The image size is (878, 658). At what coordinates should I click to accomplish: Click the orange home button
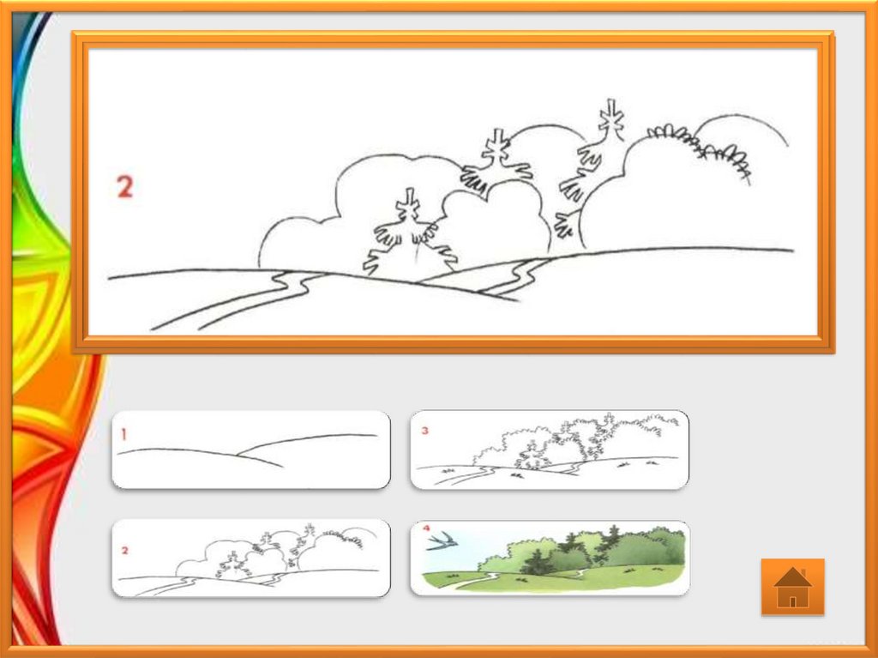tap(792, 586)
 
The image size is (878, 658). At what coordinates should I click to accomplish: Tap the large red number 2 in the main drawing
tap(125, 187)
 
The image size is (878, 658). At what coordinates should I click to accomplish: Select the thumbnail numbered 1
tap(251, 450)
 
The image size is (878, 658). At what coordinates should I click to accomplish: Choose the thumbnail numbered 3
tap(550, 450)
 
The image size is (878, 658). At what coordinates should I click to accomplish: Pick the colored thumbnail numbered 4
tap(550, 558)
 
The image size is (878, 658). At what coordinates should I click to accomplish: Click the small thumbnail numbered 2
tap(251, 558)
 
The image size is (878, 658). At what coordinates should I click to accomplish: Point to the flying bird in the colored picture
tap(442, 540)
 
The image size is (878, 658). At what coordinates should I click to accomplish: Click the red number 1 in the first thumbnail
tap(123, 434)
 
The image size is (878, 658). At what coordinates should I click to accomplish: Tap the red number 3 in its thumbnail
tap(425, 431)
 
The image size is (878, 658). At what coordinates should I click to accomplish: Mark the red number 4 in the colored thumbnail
tap(427, 528)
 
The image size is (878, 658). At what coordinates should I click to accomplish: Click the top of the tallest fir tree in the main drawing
tap(610, 100)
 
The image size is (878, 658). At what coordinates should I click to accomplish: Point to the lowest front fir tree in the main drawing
tap(411, 236)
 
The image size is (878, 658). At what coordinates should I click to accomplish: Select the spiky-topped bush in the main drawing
tap(700, 149)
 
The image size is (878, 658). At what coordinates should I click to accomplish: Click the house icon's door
tap(792, 601)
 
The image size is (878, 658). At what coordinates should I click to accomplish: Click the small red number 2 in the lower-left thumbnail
tap(124, 551)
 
